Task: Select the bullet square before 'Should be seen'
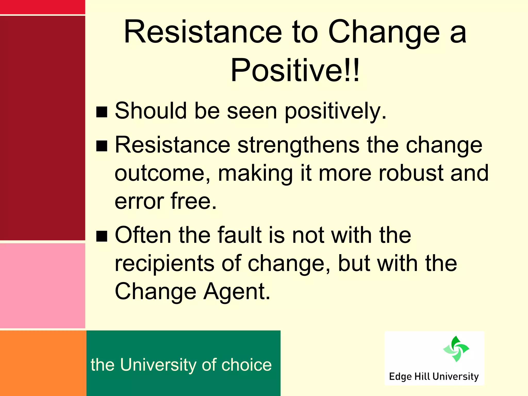[x=102, y=112]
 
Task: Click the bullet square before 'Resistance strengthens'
[x=102, y=146]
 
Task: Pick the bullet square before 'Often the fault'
[x=102, y=236]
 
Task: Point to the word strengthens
[x=298, y=145]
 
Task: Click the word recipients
[x=164, y=263]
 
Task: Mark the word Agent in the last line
[x=236, y=291]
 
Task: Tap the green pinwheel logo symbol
[x=456, y=349]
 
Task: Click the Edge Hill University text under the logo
[x=434, y=377]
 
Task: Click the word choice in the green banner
[x=246, y=365]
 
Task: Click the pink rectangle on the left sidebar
[x=43, y=285]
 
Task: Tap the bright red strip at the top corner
[x=43, y=7]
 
